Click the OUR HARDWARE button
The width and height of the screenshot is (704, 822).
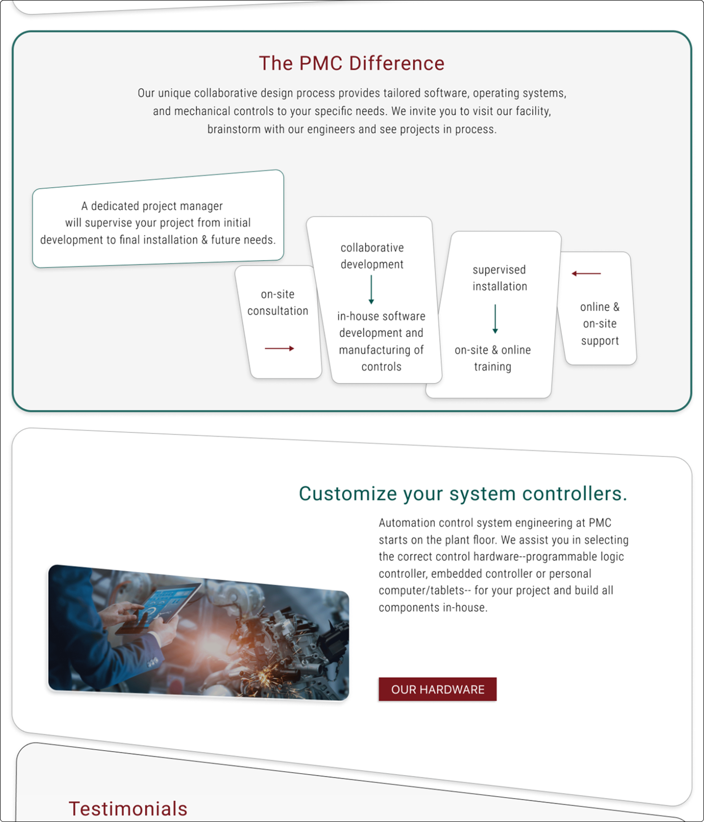coord(437,689)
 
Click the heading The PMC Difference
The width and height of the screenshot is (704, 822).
coord(352,63)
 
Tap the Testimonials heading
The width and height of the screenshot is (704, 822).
coord(128,808)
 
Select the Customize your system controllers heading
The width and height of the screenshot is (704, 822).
coord(463,494)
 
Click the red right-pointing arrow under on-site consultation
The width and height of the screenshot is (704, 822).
coord(279,349)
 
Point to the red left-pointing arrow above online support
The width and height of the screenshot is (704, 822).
coord(586,273)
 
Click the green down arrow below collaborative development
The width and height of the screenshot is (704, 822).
coord(371,289)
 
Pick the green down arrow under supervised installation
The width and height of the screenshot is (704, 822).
coord(495,319)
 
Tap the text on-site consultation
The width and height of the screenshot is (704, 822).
coord(278,302)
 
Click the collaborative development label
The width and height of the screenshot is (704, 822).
coord(372,256)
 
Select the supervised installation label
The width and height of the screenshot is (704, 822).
coord(499,278)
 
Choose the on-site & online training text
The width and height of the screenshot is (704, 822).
coord(492,358)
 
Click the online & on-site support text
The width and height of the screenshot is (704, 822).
coord(600,324)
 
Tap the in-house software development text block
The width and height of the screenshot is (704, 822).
coord(381,341)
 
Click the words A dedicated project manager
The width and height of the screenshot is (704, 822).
coord(152,206)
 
